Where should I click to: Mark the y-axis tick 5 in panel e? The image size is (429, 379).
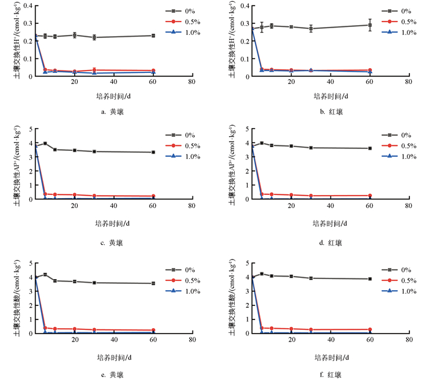pos(29,263)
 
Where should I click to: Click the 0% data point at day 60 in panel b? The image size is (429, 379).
pos(370,25)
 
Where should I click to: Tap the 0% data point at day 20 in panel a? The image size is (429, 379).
pos(74,35)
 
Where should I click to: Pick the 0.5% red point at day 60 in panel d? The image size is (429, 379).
pos(370,196)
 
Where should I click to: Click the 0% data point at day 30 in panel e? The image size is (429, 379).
pos(94,283)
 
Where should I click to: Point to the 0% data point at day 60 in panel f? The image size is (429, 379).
pos(370,279)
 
